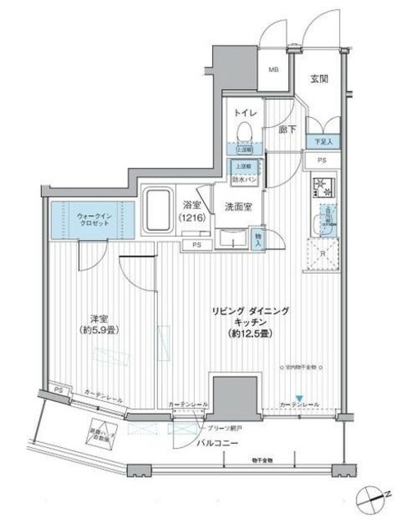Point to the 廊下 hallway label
286,129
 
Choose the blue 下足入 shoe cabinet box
322,142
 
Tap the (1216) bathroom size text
192,219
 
